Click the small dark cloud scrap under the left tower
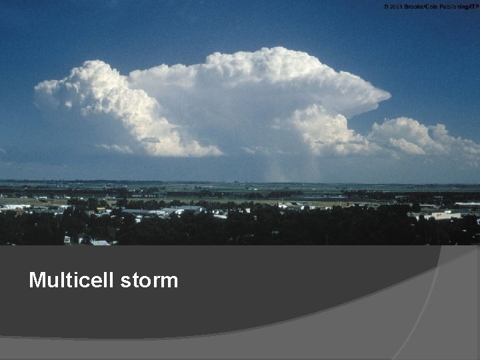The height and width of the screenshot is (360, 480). (150, 140)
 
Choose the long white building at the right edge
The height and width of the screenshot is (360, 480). (467, 204)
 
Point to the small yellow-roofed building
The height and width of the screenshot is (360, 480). (101, 209)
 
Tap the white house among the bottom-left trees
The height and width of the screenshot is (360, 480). (67, 239)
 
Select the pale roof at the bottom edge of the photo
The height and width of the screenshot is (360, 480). (100, 243)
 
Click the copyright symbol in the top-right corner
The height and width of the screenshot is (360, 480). (385, 6)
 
